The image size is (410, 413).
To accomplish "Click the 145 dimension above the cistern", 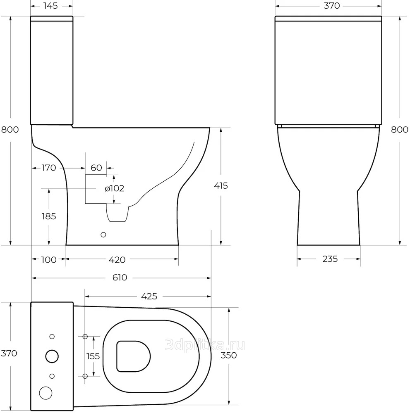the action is click(50, 5).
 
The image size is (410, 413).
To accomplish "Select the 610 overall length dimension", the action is click(120, 278).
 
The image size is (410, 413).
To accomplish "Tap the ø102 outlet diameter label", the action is click(115, 188).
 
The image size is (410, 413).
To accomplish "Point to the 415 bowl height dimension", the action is click(221, 186).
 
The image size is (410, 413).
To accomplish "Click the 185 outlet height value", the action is click(49, 216).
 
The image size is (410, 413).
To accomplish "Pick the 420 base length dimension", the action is click(117, 260).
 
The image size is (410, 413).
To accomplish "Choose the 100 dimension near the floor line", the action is click(49, 260).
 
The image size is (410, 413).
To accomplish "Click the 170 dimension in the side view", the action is click(49, 168).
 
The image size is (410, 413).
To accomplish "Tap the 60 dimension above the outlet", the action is click(96, 168).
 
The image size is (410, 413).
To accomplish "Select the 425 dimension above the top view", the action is click(149, 296).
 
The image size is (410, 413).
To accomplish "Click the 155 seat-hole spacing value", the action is click(93, 356).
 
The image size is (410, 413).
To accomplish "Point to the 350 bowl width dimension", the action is click(229, 355).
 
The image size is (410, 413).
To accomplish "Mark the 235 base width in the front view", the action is click(330, 259).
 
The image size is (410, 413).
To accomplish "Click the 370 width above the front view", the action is click(332, 5).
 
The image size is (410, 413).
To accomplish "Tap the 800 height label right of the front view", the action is click(399, 130).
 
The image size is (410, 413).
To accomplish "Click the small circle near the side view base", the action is click(103, 235).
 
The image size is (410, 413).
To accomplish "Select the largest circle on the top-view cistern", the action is click(52, 356).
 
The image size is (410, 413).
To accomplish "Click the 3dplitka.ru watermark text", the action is click(205, 345).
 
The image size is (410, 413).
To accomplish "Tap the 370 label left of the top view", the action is click(9, 353).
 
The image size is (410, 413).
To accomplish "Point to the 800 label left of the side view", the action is click(10, 130).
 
